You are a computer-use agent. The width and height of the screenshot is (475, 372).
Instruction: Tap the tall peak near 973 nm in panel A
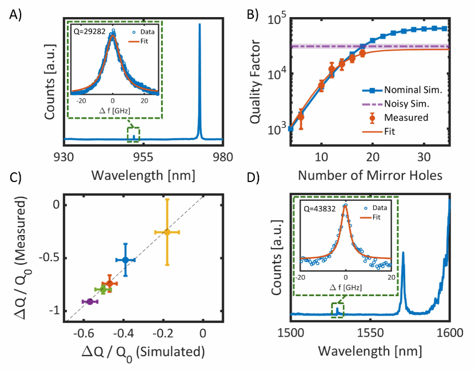pos(199,26)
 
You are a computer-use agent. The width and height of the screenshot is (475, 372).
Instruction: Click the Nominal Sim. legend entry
pos(407,90)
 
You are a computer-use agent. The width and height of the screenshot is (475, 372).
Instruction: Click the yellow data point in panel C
pos(167,232)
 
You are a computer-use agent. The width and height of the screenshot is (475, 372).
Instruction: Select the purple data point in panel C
pos(90,301)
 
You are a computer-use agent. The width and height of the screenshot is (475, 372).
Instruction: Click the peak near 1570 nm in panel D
pos(404,253)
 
